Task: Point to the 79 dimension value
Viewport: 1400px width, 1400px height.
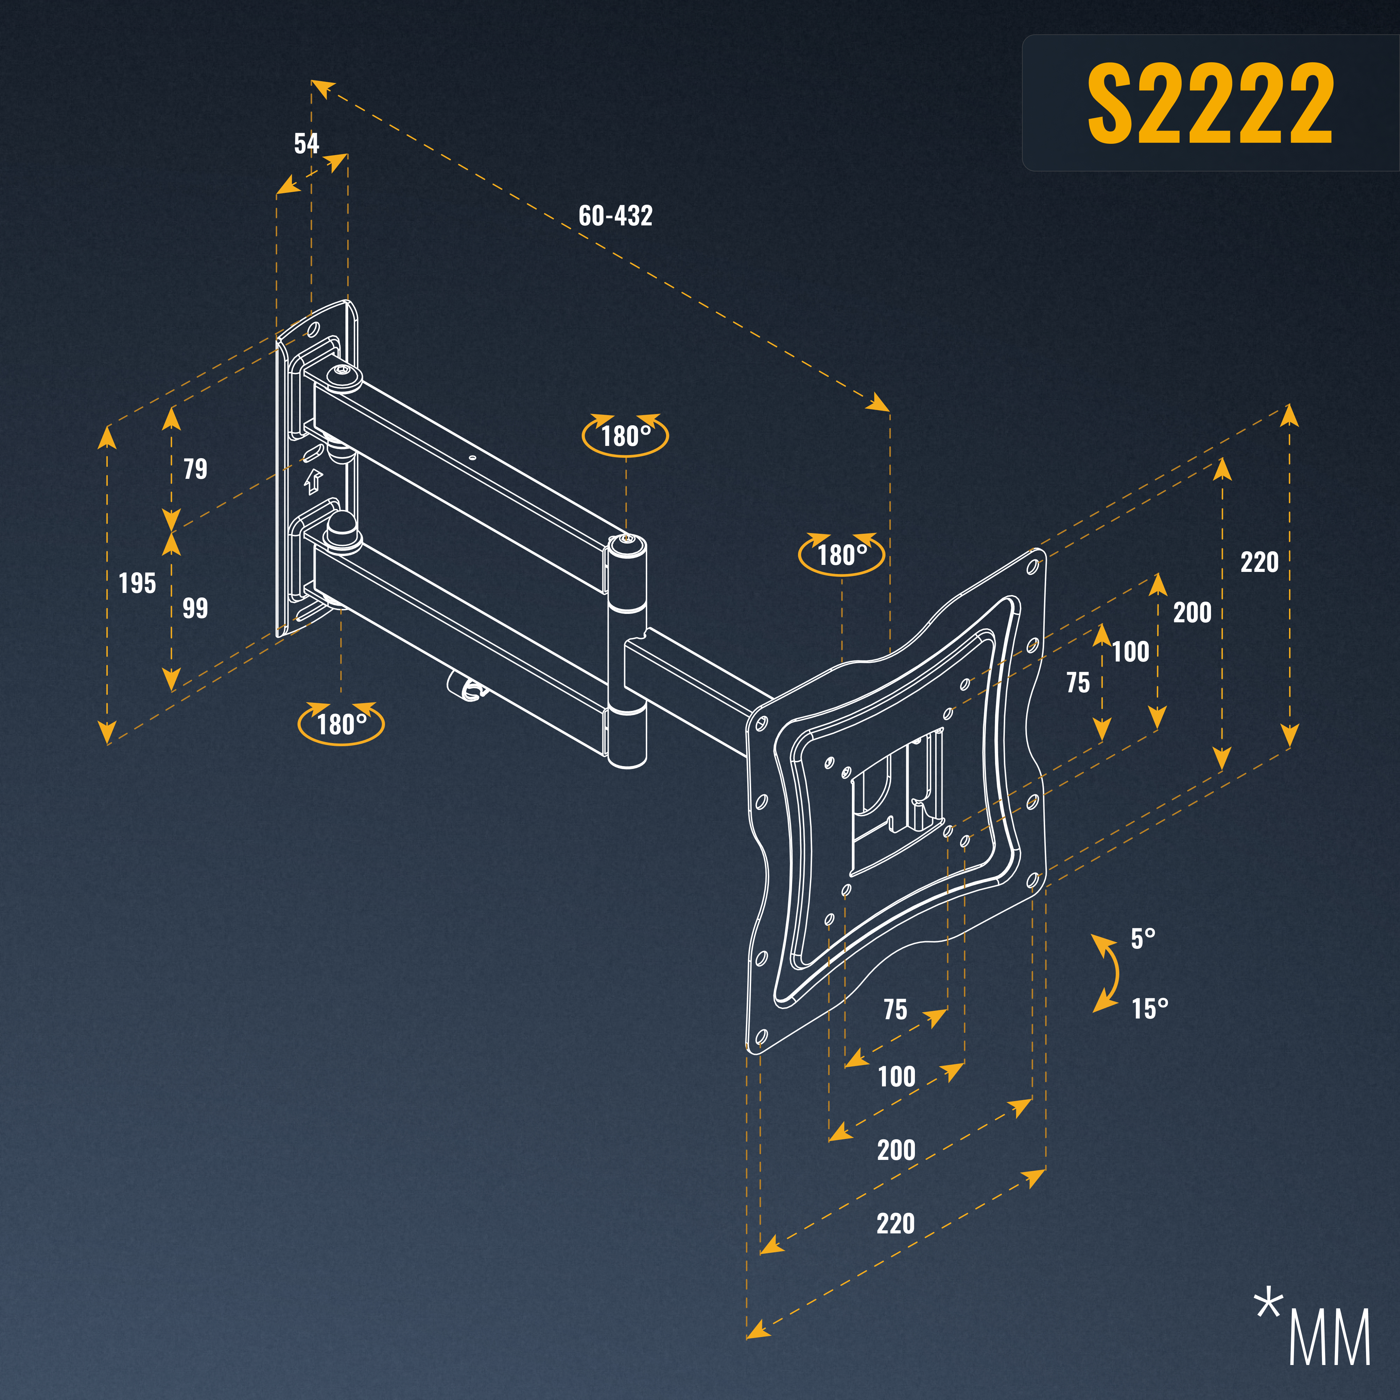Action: tap(195, 469)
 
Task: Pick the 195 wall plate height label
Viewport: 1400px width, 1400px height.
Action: tap(137, 583)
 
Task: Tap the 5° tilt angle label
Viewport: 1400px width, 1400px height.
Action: tap(1143, 938)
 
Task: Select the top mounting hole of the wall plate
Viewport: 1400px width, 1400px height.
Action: tap(314, 330)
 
